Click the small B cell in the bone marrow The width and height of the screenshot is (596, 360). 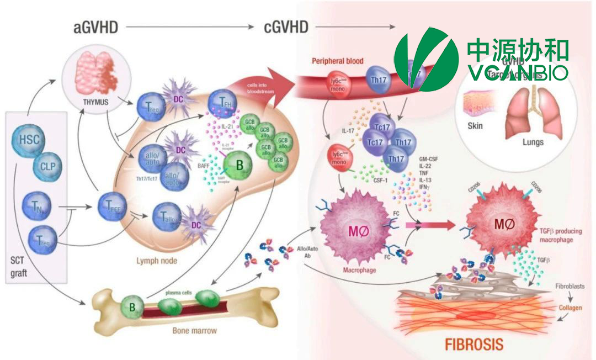click(132, 306)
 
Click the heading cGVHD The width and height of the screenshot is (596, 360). click(285, 28)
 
